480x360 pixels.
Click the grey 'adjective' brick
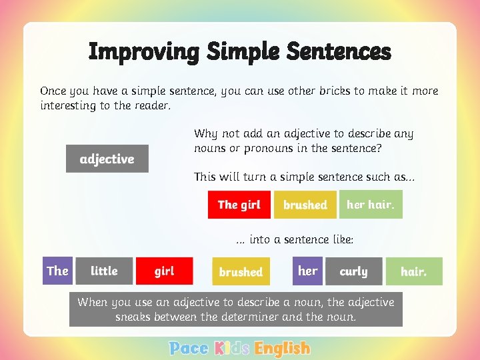point(107,159)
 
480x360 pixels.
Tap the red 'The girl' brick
point(239,205)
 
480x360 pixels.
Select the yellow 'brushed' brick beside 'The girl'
point(305,205)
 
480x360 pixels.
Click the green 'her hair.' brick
point(371,205)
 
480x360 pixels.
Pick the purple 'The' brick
point(57,271)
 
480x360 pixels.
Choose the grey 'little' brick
point(104,271)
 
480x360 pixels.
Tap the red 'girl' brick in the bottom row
point(164,271)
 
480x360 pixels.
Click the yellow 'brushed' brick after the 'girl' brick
point(241,272)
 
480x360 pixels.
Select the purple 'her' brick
point(307,271)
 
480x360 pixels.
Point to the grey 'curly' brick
point(353,271)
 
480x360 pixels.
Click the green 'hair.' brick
point(413,271)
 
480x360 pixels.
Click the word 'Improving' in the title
point(143,51)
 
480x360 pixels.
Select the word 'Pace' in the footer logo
point(189,348)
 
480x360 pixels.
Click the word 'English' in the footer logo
point(282,348)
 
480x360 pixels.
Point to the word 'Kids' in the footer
point(232,348)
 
